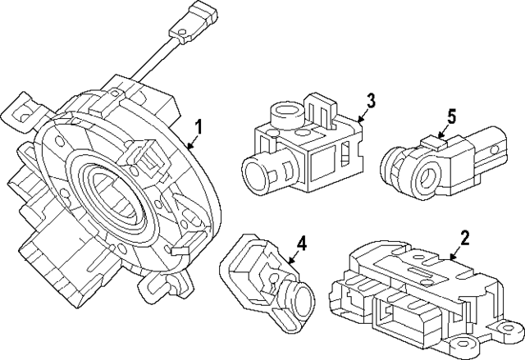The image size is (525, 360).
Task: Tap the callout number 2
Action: [x=464, y=238]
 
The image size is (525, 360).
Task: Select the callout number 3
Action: [x=371, y=101]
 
